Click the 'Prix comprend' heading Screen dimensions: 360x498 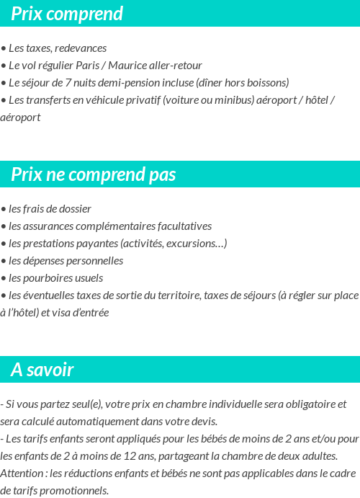coord(67,14)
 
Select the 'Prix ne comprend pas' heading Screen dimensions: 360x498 coord(93,175)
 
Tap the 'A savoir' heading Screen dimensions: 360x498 coord(42,370)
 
